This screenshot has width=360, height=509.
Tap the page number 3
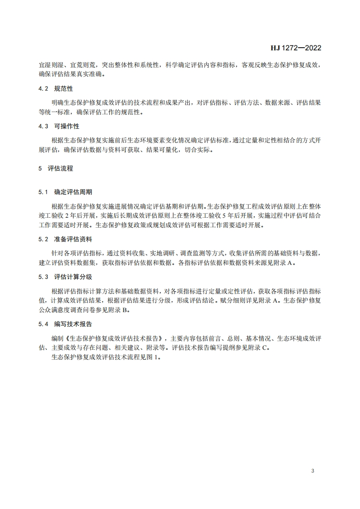point(313,471)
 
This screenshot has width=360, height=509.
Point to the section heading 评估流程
point(60,168)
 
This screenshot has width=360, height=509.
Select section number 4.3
point(43,126)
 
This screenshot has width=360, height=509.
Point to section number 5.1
point(43,192)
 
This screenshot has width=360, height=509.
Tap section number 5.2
point(43,239)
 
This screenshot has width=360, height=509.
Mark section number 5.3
point(43,277)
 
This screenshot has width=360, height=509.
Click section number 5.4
point(43,324)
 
